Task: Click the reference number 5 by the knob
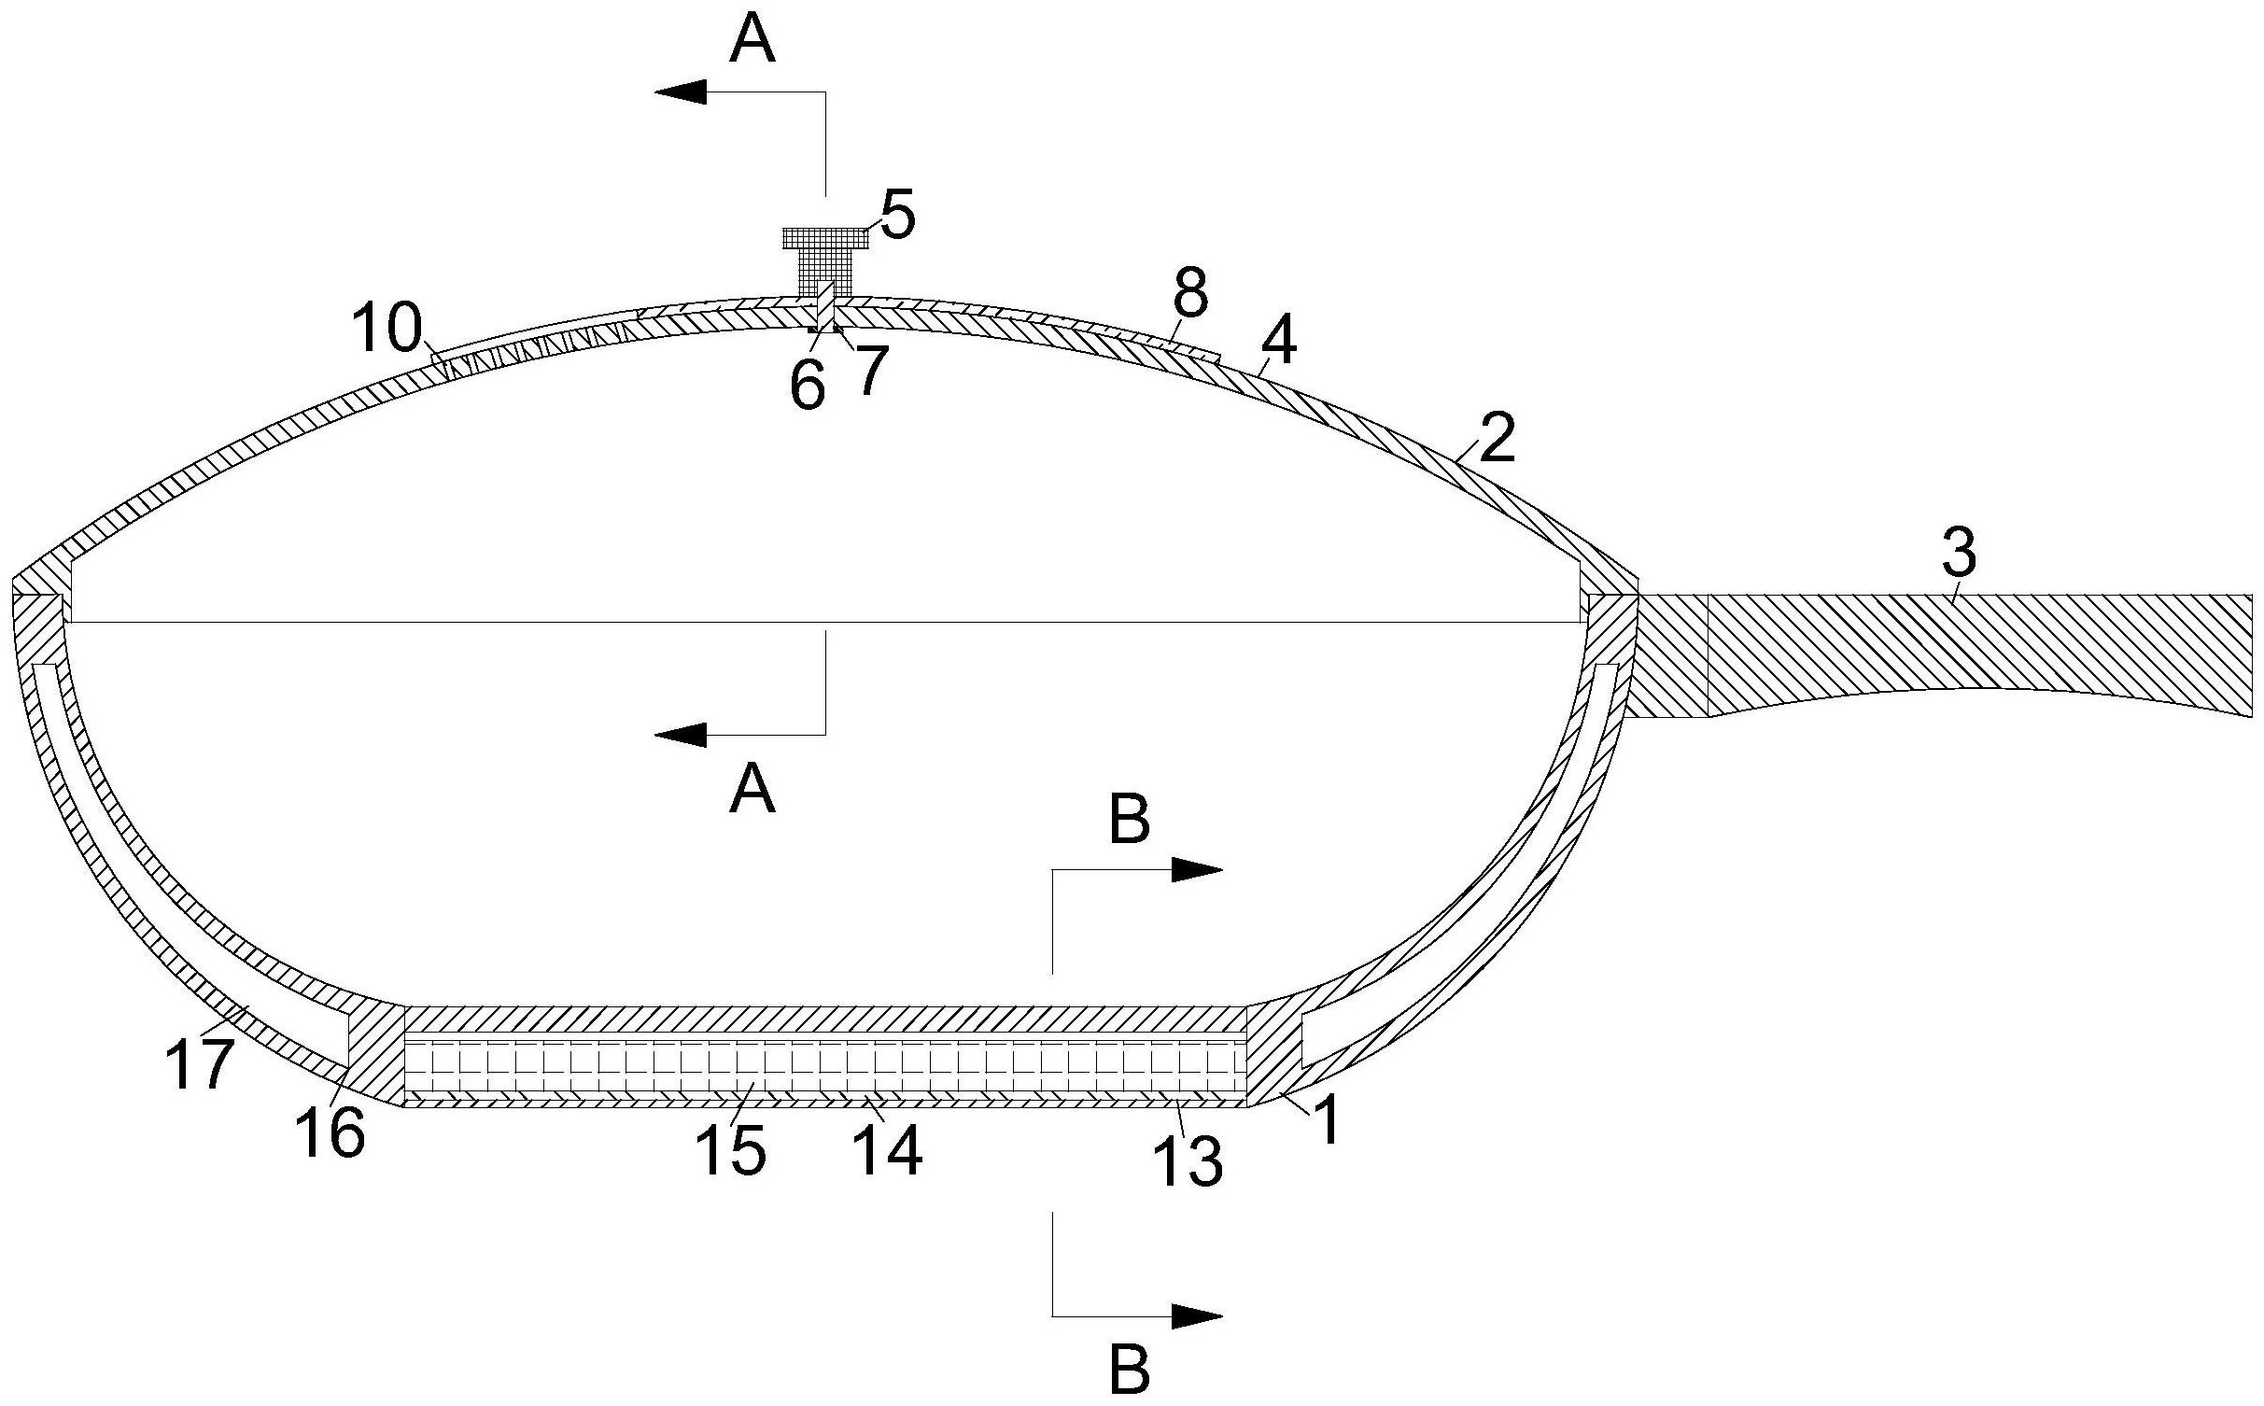pos(897,217)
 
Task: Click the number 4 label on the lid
pos(1278,343)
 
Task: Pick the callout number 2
pos(1497,441)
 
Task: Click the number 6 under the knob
pos(807,384)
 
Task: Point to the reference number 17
pos(199,1065)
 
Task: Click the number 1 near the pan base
pos(1328,1119)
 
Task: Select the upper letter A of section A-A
pos(752,42)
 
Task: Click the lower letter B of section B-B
pos(1129,1370)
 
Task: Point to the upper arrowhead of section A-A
pos(680,91)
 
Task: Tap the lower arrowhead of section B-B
pos(1197,1316)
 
